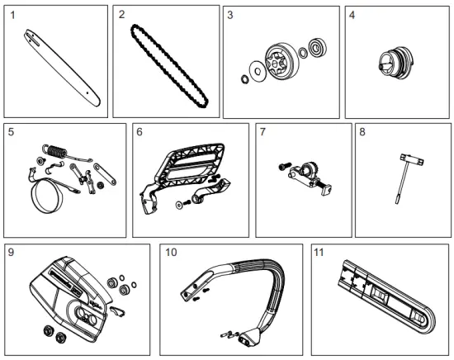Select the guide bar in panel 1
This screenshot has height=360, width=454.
tap(62, 69)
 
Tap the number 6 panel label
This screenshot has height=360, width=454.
tap(140, 132)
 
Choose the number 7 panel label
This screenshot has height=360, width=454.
tap(262, 132)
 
